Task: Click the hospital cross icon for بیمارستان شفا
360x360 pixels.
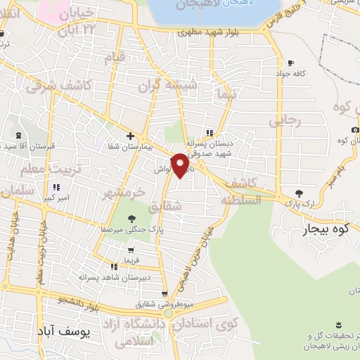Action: point(130,136)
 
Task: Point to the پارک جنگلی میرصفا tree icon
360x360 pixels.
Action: point(131,219)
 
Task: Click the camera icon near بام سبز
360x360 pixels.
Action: point(355,130)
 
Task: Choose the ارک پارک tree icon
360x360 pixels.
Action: point(300,193)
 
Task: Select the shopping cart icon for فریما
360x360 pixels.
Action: point(131,250)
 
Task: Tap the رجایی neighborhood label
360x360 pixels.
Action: point(284,121)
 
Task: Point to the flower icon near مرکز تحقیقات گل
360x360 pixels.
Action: point(340,323)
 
